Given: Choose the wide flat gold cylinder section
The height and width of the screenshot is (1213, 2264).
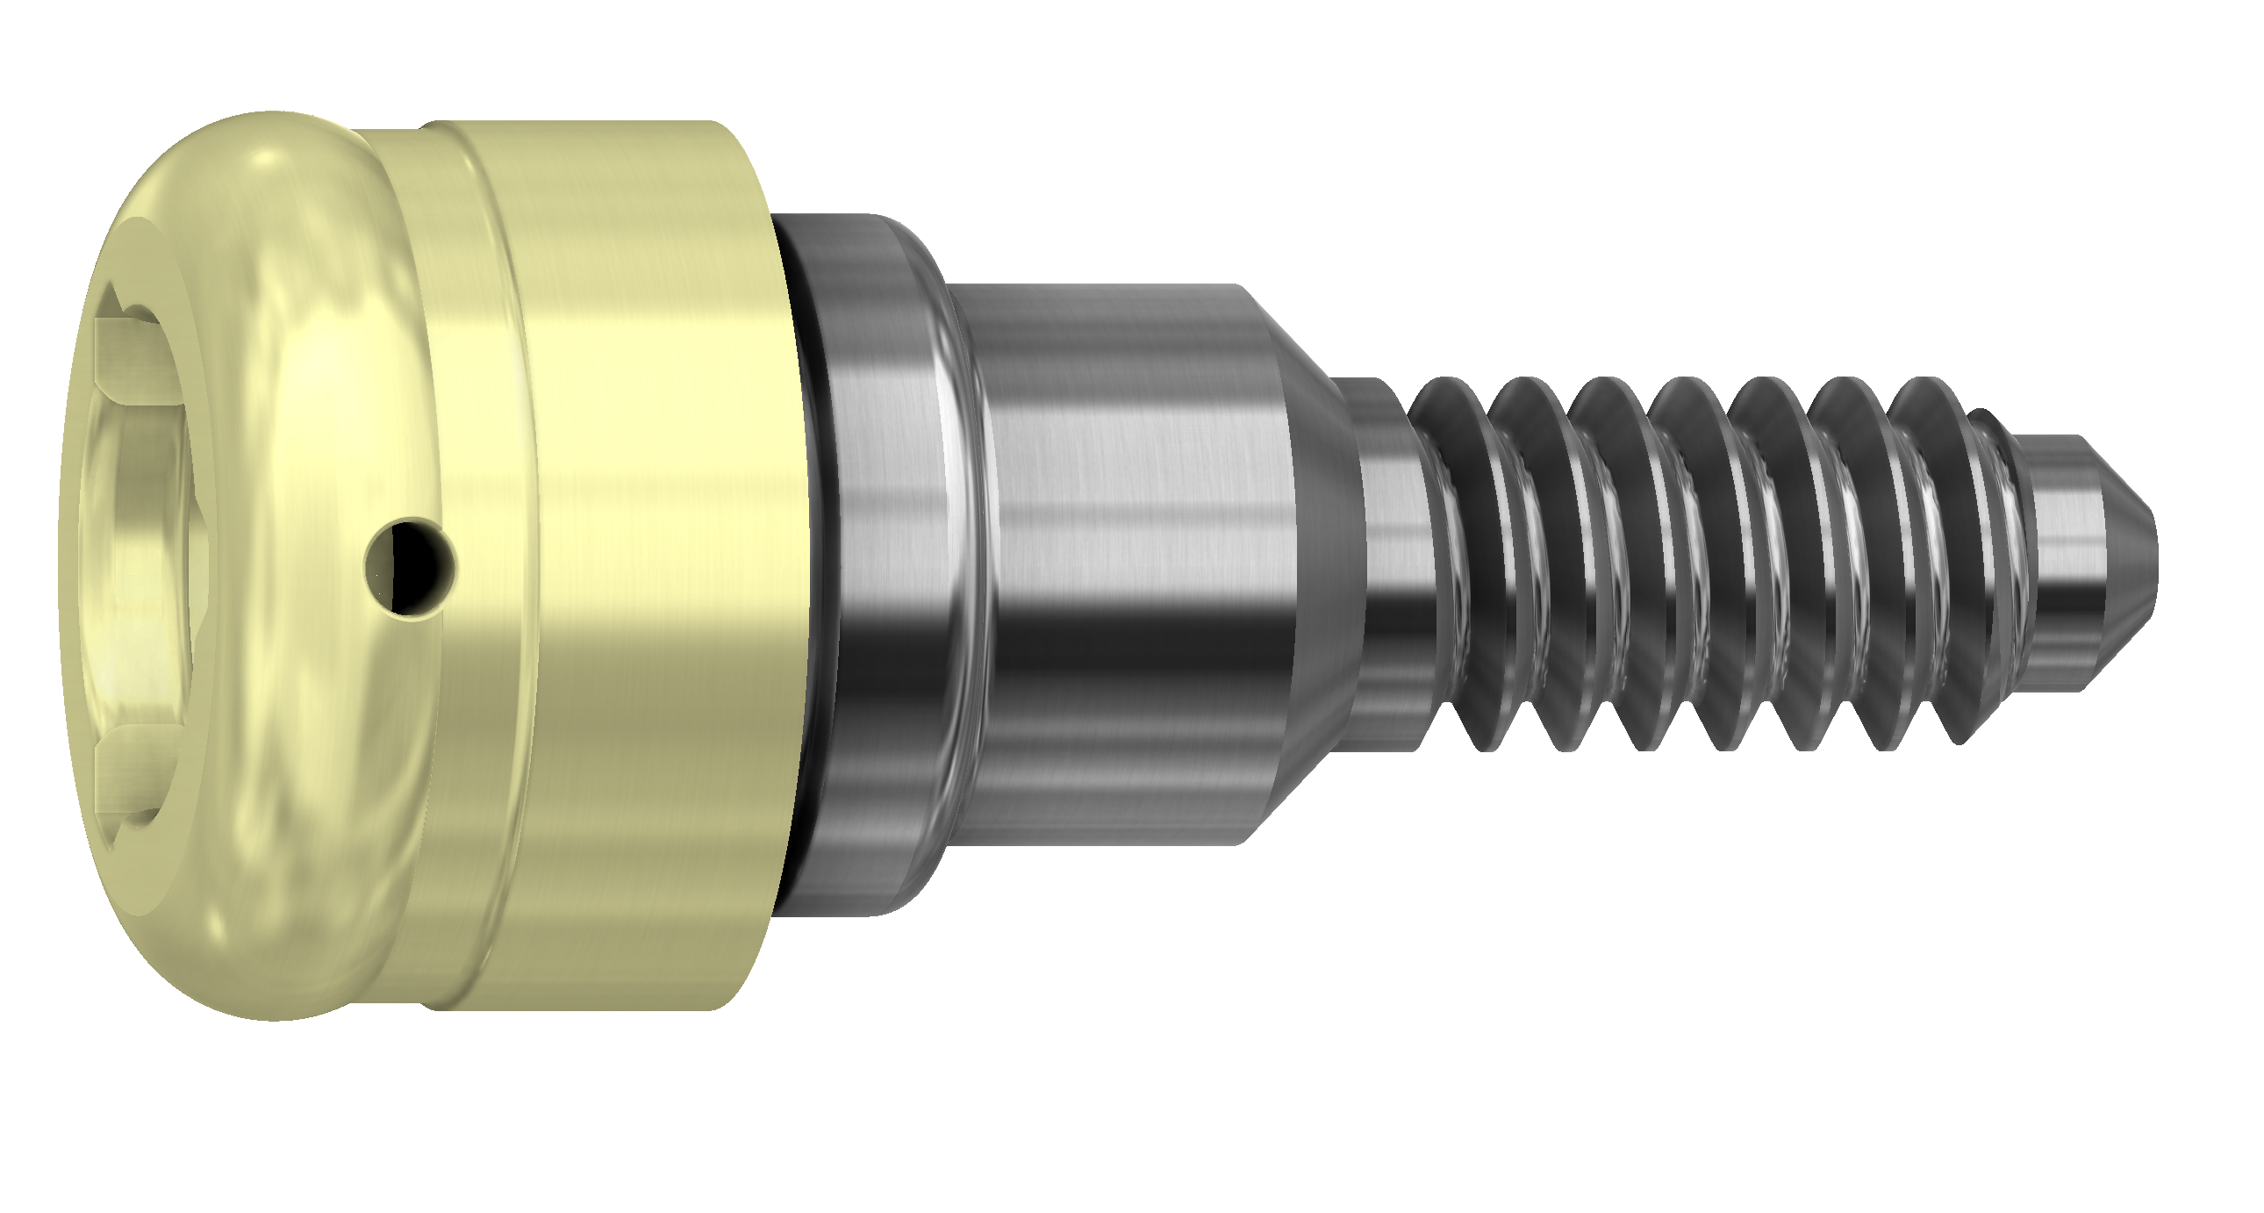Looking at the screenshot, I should [x=668, y=563].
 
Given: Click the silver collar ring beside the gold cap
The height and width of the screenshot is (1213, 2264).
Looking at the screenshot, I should [x=888, y=563].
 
